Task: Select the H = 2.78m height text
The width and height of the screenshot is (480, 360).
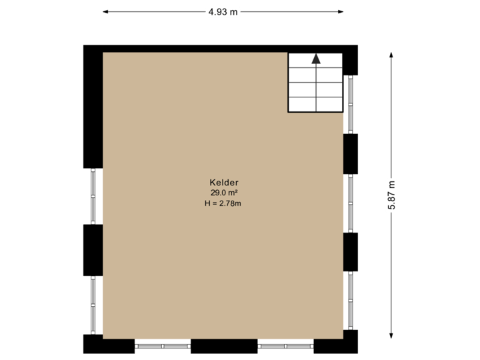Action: [x=223, y=203]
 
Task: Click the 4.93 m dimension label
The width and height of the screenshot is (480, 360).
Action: [x=223, y=11]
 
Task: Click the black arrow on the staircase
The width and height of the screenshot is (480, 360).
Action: [x=316, y=59]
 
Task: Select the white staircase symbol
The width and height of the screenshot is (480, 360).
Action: [x=315, y=83]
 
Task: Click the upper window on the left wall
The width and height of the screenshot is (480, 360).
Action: [x=93, y=196]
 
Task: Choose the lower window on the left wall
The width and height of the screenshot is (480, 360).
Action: [x=93, y=305]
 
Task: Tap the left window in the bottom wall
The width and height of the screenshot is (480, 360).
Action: [x=163, y=345]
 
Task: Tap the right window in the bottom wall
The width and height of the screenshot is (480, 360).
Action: [x=285, y=345]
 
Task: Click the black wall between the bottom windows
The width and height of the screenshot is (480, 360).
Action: [x=224, y=346]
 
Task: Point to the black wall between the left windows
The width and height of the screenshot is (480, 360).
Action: [x=93, y=250]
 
